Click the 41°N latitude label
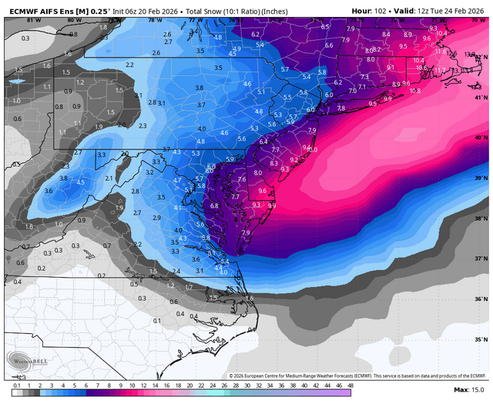click(x=480, y=98)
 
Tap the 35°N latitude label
click(x=480, y=339)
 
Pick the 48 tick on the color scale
click(x=350, y=385)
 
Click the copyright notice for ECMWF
click(x=358, y=376)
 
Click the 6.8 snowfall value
click(x=215, y=206)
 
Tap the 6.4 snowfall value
click(x=263, y=142)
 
